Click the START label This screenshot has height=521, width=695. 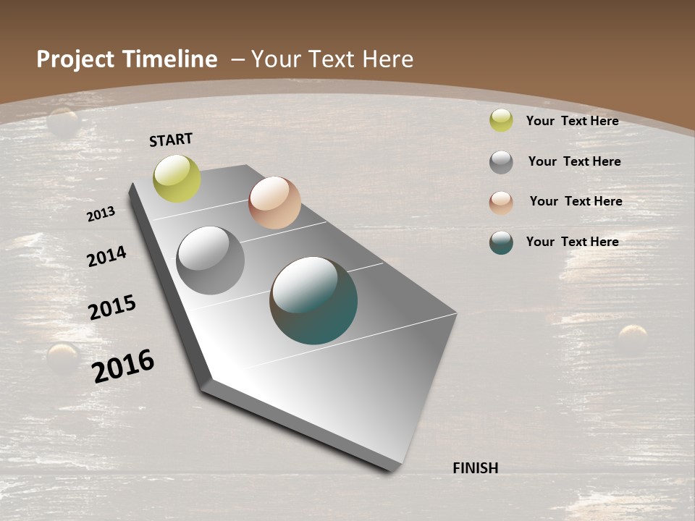tap(171, 139)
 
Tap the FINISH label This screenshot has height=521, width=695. tap(475, 468)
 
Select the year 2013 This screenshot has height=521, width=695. tap(101, 214)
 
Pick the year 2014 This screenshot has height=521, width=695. tap(106, 257)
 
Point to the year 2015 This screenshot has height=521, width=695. tap(112, 308)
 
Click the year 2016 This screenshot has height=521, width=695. tap(123, 365)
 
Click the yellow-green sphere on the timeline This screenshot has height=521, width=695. tap(177, 178)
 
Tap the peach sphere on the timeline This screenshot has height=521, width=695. tap(274, 203)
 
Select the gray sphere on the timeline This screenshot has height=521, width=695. tap(211, 260)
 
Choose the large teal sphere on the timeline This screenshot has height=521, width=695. tap(313, 300)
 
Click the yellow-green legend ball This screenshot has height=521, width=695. tap(501, 120)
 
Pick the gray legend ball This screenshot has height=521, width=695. tap(501, 162)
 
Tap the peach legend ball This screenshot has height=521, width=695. tap(501, 203)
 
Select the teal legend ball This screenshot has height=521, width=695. tap(501, 242)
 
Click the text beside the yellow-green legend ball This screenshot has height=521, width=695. tap(572, 121)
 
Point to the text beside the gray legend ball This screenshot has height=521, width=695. tap(574, 161)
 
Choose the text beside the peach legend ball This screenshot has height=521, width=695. tap(576, 201)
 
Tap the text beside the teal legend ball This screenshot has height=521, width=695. tap(572, 242)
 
